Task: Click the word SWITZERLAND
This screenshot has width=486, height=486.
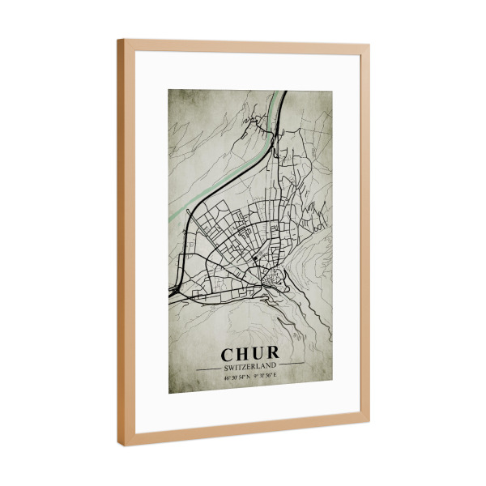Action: [x=249, y=366]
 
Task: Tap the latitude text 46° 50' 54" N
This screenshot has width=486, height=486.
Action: [x=235, y=377]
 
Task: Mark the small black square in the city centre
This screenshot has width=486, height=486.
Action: [x=253, y=258]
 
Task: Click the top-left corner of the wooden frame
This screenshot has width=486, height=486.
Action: [x=119, y=40]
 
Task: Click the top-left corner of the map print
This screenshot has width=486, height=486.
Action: [x=169, y=87]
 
